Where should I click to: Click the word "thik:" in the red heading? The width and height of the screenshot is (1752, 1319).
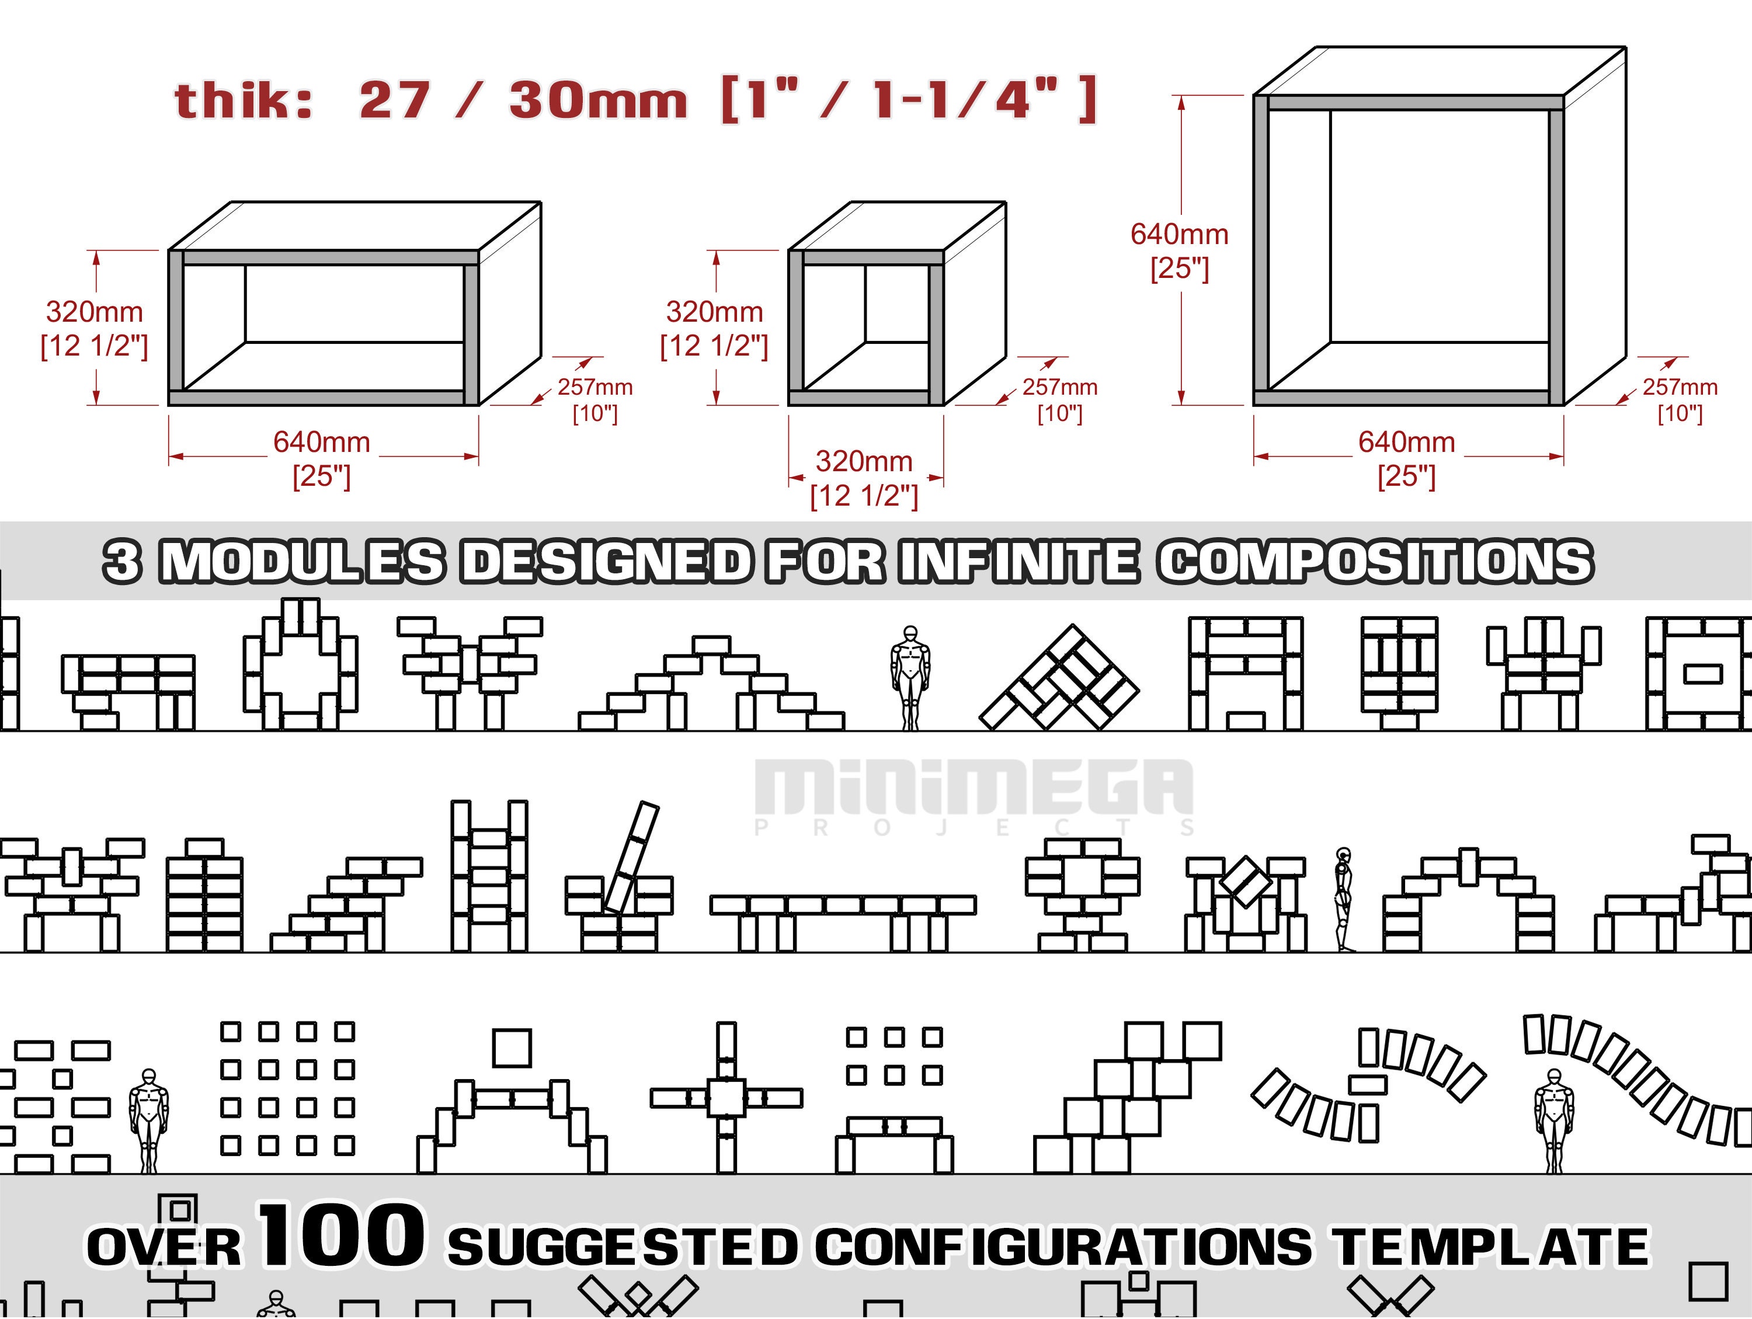[243, 102]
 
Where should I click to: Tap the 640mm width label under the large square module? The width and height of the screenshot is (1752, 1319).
[1407, 442]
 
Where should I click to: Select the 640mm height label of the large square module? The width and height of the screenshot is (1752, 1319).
[1179, 234]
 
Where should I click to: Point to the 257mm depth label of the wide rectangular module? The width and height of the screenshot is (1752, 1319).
[595, 387]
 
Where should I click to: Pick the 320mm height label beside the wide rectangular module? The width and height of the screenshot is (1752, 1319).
[94, 312]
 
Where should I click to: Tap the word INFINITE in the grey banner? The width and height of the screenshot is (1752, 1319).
[1019, 562]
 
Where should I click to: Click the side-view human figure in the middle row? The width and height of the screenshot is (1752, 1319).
[1343, 899]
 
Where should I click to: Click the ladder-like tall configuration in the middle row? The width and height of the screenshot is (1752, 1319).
[489, 876]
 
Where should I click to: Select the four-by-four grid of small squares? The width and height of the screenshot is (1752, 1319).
[287, 1088]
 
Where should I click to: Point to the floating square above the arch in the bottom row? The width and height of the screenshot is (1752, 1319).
[512, 1048]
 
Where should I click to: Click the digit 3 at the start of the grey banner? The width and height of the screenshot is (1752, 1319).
[123, 562]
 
